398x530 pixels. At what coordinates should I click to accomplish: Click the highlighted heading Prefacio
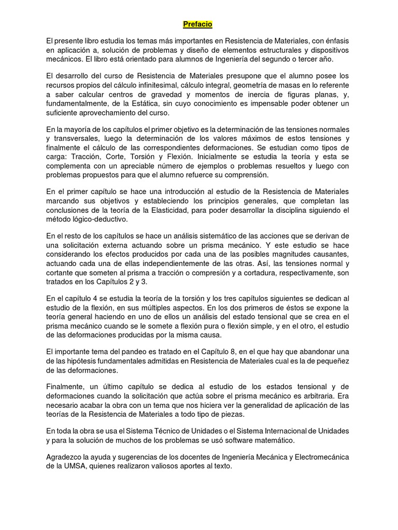coord(197,24)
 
